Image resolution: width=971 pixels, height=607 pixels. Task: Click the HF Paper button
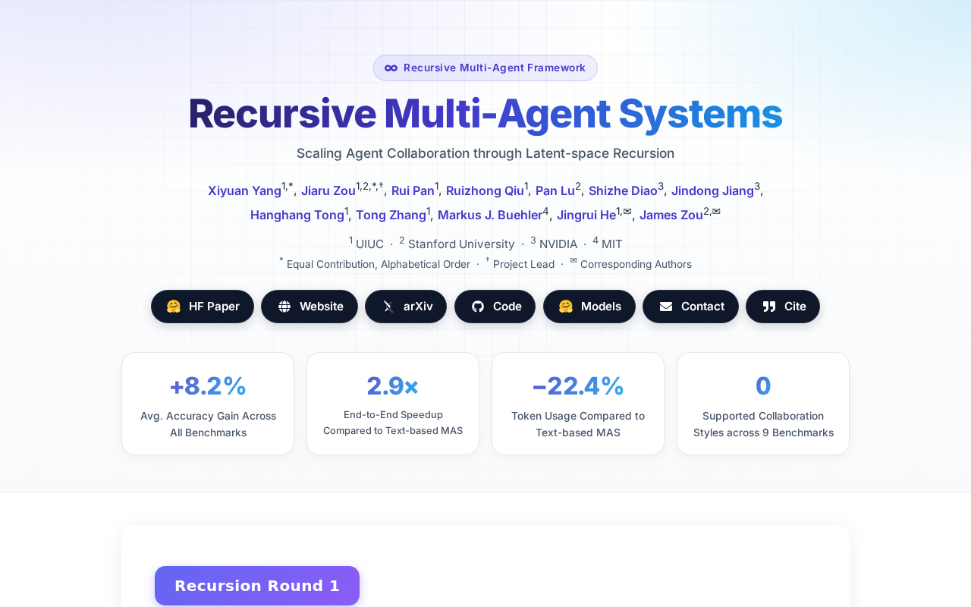203,307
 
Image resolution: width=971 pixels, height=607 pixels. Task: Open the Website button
310,307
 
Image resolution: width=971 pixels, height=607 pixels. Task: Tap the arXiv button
406,307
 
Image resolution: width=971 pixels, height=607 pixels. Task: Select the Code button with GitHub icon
495,307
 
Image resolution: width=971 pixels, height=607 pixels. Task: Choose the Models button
589,307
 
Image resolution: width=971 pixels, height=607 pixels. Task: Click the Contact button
690,307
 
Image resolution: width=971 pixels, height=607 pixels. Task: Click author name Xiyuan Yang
244,190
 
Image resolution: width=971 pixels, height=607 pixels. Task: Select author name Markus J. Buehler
490,215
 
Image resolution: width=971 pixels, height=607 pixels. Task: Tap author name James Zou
671,215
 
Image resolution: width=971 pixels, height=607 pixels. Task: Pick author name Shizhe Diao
623,190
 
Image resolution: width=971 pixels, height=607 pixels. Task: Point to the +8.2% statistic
208,386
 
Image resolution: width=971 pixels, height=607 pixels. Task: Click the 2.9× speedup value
393,386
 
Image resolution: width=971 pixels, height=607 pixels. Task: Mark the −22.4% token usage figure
578,386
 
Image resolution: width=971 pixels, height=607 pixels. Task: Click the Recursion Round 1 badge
257,586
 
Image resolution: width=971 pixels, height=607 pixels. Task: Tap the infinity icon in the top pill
391,68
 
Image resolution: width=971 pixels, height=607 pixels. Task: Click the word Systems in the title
700,114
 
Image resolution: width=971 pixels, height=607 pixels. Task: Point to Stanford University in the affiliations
461,244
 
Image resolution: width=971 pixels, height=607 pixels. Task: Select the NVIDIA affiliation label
558,244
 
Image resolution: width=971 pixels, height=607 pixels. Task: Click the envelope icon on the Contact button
666,307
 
